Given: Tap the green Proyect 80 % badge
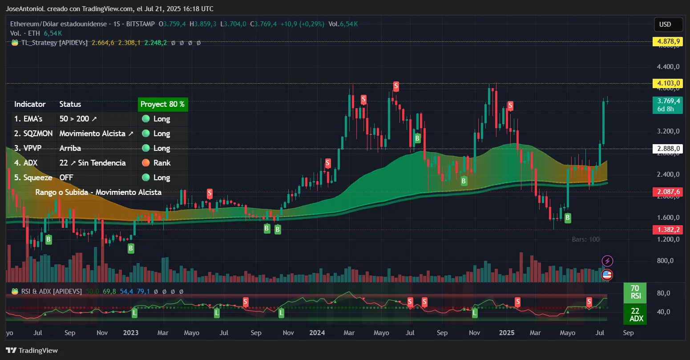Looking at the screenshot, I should point(162,104).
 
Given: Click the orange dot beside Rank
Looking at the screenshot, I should point(145,163).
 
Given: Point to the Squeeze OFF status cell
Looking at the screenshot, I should point(66,178).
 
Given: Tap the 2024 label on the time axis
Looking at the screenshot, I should point(317,332).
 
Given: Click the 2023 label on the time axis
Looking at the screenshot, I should point(131,332).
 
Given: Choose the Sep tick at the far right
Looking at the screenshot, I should point(628,332).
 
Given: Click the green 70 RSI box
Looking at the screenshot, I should point(635,292).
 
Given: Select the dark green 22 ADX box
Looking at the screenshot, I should point(635,315).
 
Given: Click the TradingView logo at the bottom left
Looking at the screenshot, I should point(32,350).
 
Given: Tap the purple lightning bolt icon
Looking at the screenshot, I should point(607,261).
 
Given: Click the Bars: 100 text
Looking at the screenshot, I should point(585,239).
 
